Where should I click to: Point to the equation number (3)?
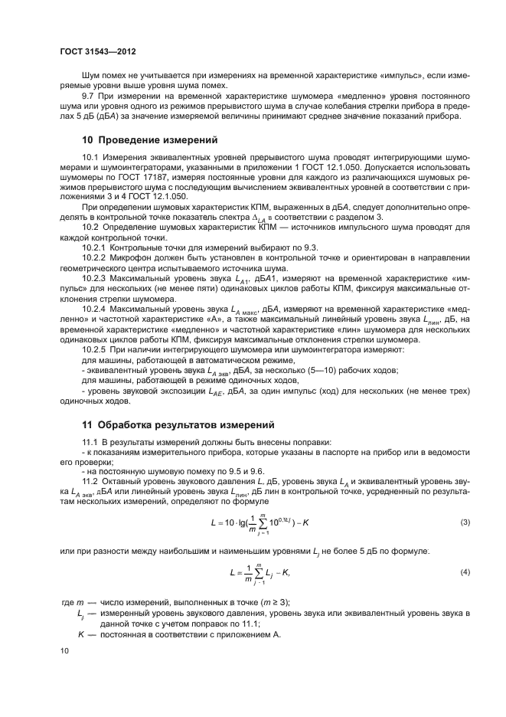pyautogui.click(x=464, y=522)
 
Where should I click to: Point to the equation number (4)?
pyautogui.click(x=464, y=572)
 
